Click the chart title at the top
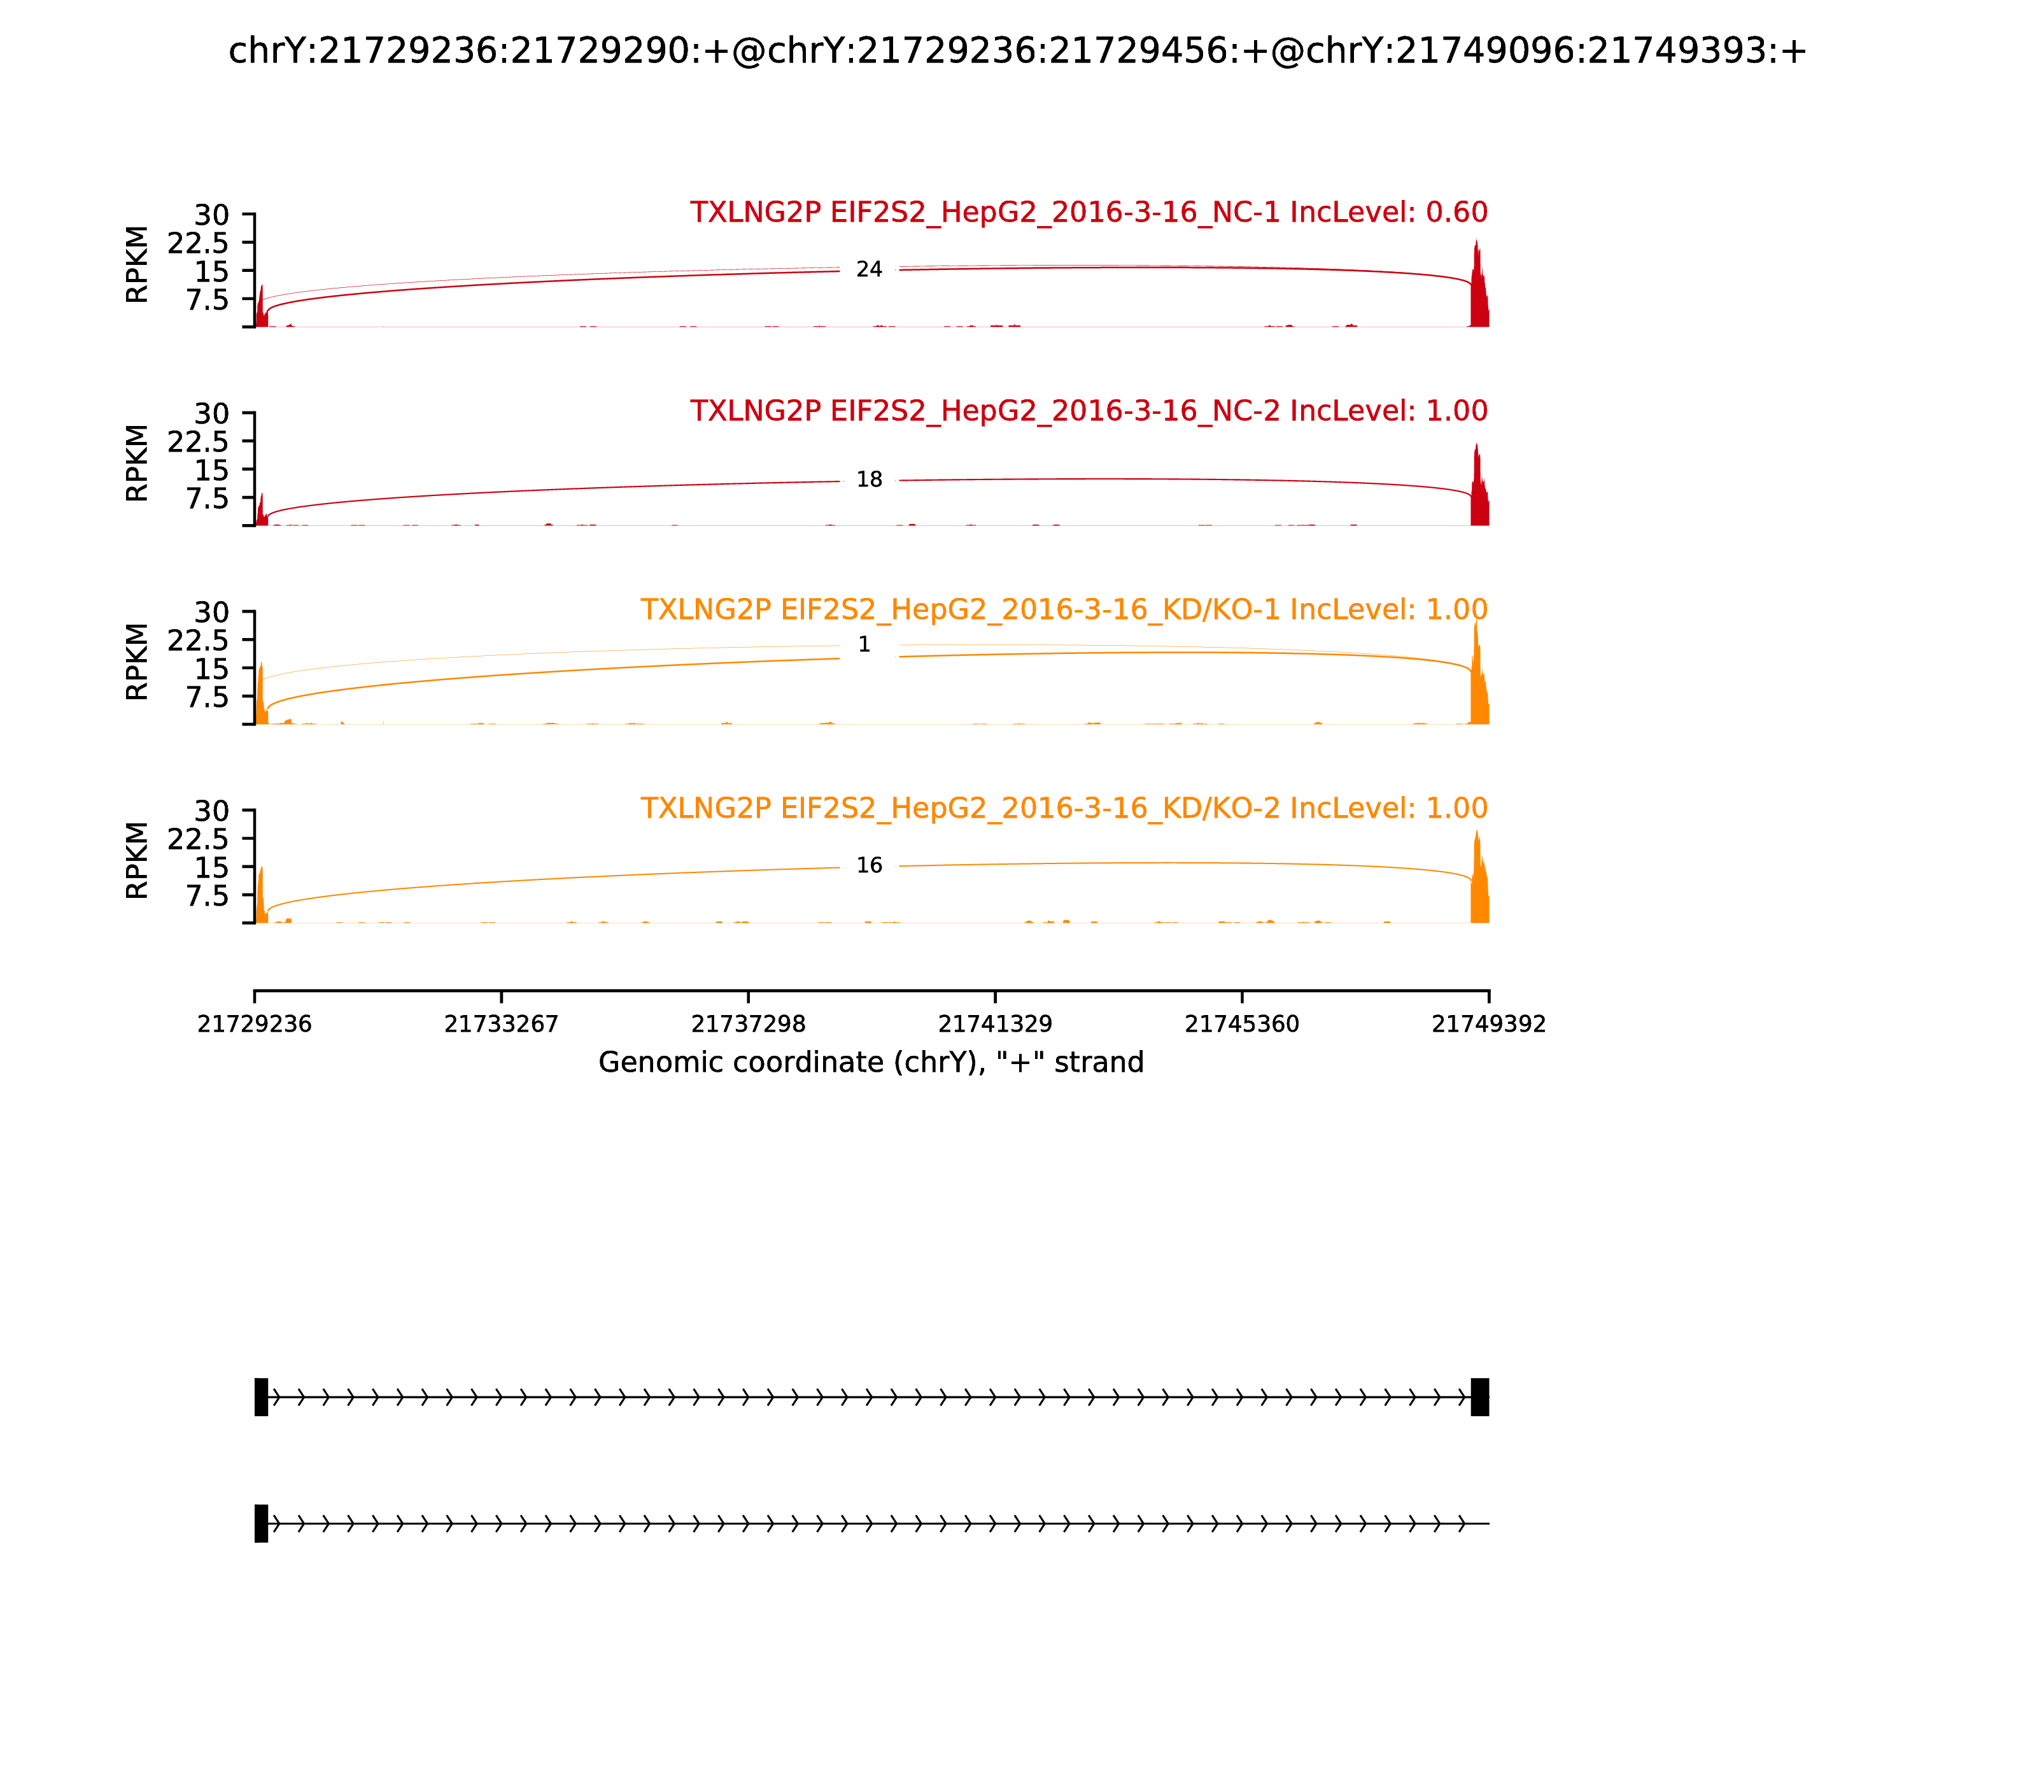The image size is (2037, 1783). click(x=1017, y=51)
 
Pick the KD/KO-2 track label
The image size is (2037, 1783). click(x=1063, y=808)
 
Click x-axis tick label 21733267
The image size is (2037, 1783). click(x=502, y=1024)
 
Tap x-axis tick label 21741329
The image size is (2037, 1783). click(x=994, y=1024)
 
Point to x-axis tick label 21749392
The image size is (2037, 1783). click(x=1488, y=1024)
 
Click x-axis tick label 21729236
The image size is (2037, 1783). click(x=255, y=1024)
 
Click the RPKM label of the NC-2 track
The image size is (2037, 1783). click(x=137, y=463)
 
